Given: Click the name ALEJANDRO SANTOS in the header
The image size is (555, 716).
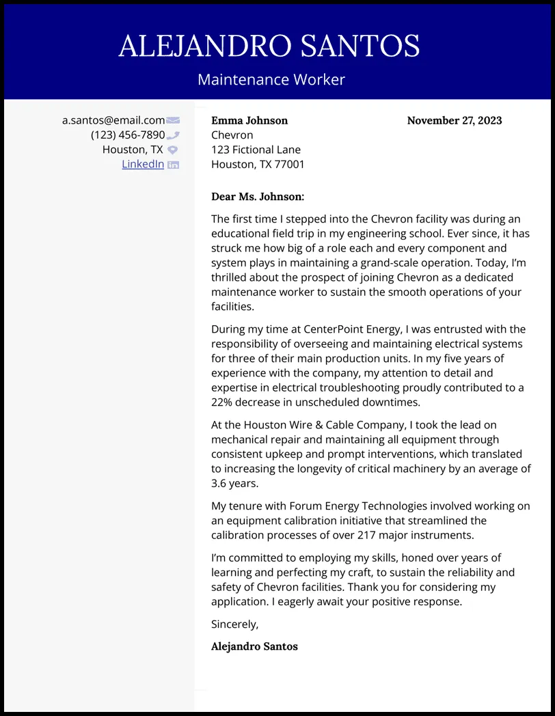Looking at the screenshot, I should (x=269, y=46).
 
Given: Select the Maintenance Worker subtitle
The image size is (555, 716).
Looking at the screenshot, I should (x=271, y=79).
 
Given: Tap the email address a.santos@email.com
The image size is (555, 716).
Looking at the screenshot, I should (x=113, y=120).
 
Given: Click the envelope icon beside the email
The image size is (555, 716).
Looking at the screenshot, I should (x=173, y=120).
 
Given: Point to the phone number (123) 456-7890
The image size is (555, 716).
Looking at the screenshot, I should (x=128, y=135).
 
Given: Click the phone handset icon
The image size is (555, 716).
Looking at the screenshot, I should (x=173, y=135).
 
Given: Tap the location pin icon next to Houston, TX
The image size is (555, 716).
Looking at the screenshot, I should (x=173, y=150).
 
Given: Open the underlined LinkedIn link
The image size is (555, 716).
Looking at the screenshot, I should (x=143, y=164).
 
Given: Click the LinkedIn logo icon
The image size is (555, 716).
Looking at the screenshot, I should (x=173, y=165).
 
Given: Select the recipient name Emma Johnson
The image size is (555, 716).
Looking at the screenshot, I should (x=249, y=120).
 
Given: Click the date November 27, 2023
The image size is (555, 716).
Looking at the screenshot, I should (x=455, y=120).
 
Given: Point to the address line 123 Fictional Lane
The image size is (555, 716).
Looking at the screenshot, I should (x=256, y=150).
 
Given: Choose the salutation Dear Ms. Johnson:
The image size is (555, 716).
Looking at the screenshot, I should (x=258, y=197).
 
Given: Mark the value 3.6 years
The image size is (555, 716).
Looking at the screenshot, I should (x=234, y=483).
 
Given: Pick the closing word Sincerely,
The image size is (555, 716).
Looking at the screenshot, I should (x=235, y=624).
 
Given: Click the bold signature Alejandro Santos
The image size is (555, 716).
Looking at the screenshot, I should (x=254, y=646).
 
